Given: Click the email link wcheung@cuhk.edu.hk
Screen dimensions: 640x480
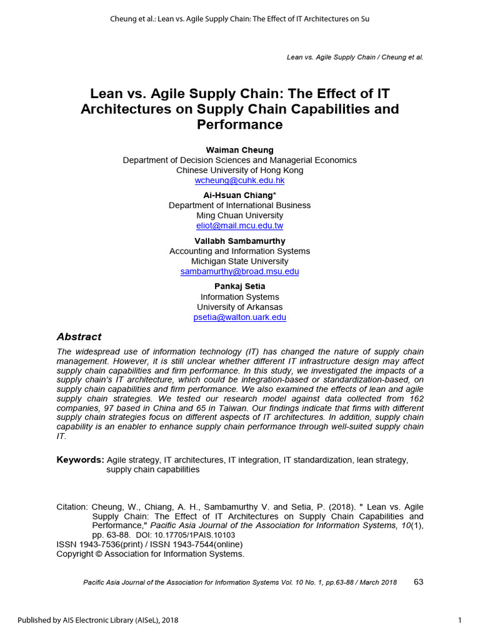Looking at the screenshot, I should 239,181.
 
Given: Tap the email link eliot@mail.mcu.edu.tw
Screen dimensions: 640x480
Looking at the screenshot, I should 239,226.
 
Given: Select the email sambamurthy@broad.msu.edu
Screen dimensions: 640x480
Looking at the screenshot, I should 239,271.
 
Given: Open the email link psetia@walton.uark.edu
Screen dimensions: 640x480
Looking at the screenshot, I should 239,317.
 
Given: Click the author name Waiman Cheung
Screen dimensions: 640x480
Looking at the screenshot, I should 239,150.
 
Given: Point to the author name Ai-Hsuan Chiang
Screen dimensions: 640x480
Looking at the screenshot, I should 237,195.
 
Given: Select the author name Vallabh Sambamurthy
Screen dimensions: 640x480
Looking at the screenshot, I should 239,241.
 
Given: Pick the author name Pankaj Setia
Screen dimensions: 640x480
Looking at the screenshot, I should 239,286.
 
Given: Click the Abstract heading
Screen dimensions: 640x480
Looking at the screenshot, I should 79,337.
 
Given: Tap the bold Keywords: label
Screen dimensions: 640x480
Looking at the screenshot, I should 80,460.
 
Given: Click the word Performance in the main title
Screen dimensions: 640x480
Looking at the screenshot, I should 239,124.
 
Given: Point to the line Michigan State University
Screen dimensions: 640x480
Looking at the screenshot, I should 239,261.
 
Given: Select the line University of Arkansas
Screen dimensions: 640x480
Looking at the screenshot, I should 239,307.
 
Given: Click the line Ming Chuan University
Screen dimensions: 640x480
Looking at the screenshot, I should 239,216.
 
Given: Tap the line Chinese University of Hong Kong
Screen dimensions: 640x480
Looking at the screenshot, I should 239,170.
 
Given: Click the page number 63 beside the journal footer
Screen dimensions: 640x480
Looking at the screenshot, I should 418,582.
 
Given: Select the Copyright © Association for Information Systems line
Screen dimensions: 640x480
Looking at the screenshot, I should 150,554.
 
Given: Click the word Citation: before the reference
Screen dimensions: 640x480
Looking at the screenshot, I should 72,507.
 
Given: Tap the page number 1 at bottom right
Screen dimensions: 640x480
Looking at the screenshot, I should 459,620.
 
